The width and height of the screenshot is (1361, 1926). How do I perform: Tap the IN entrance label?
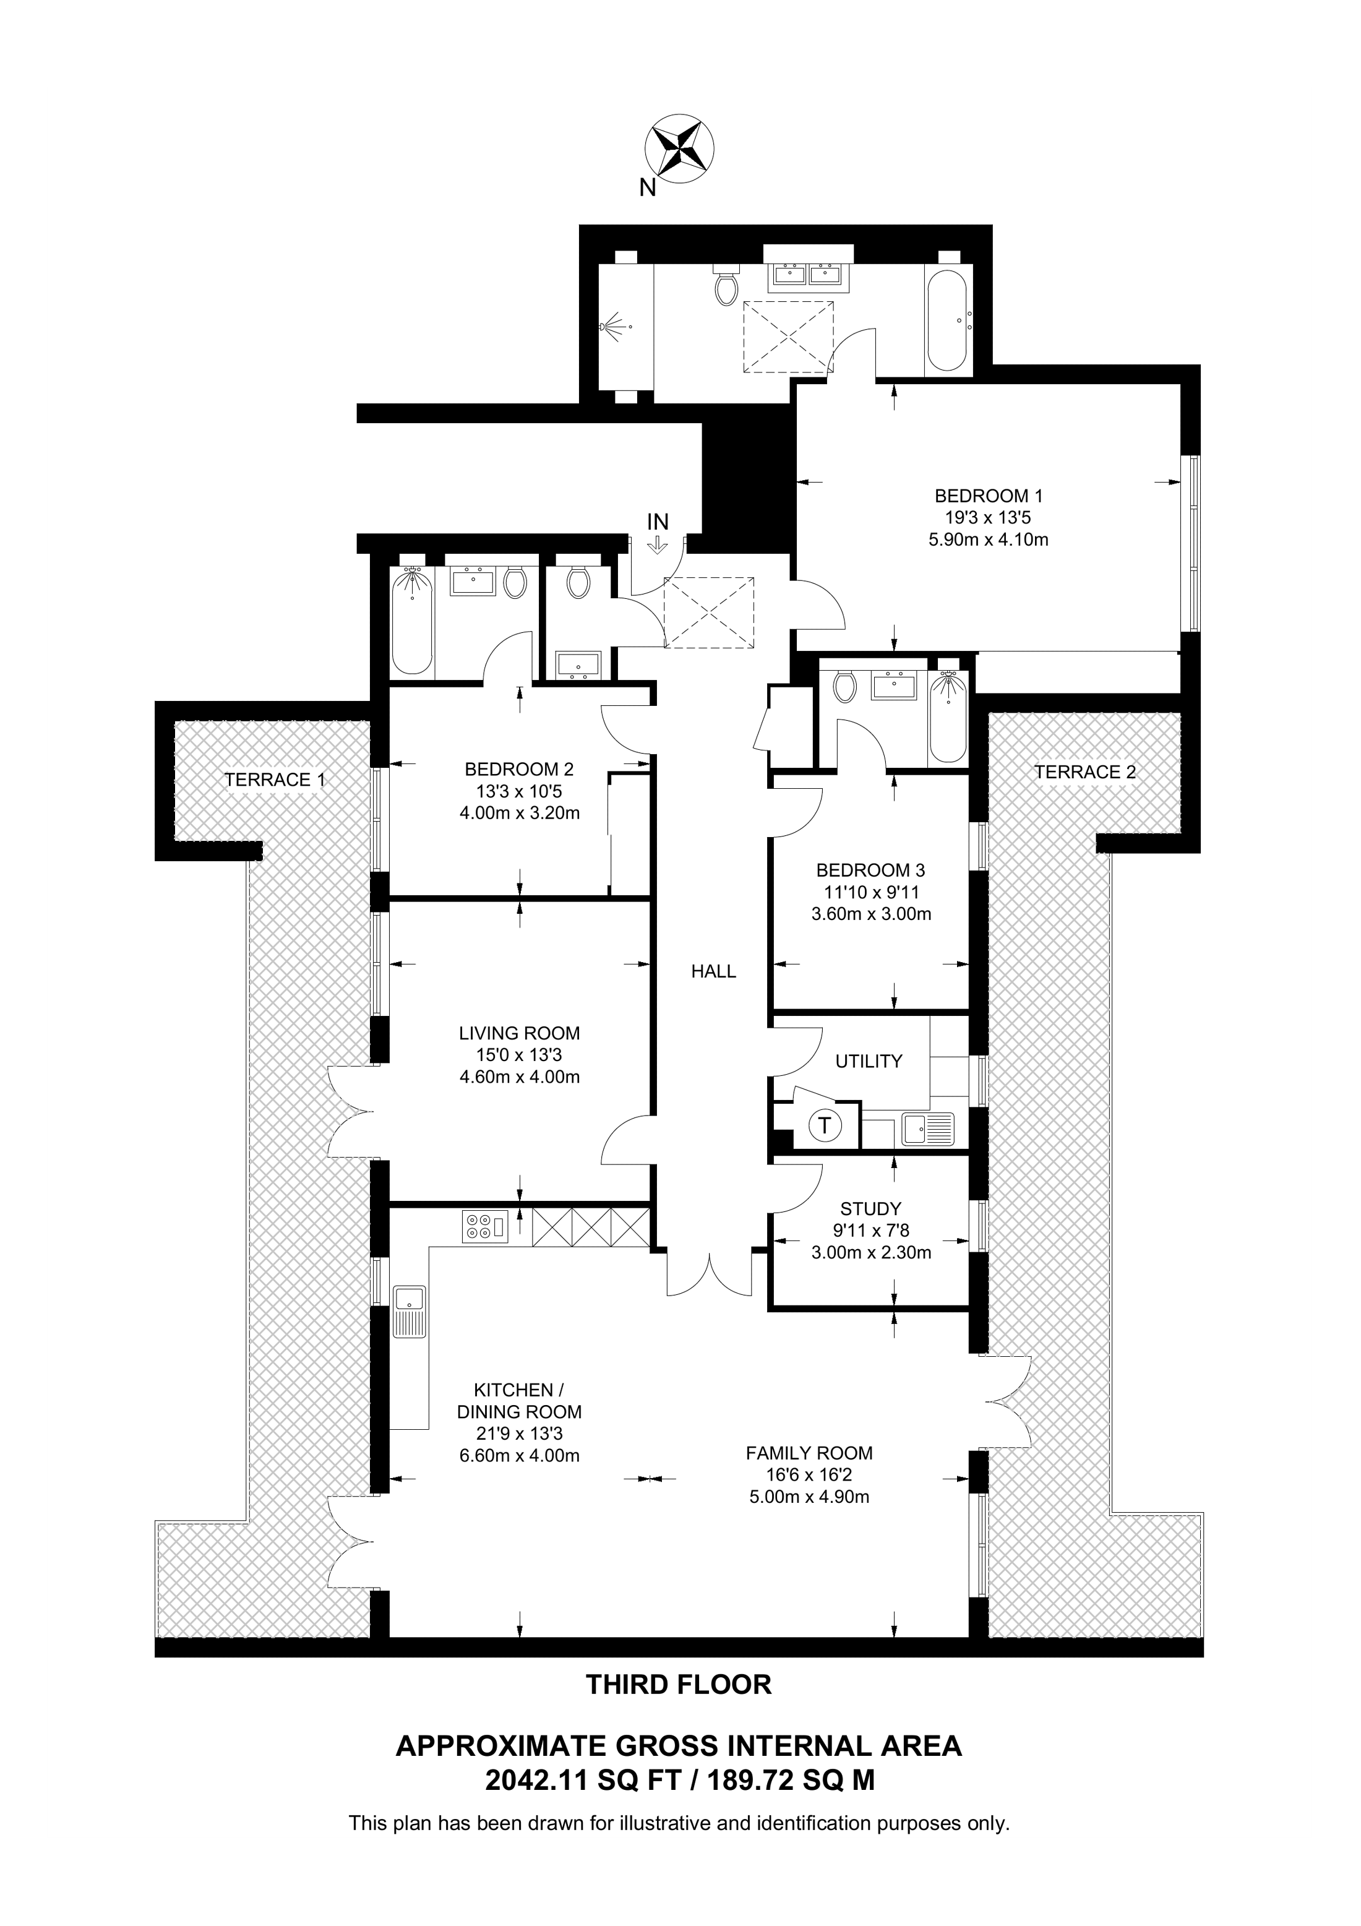(x=658, y=522)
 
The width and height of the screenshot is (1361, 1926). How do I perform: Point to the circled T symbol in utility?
(x=825, y=1125)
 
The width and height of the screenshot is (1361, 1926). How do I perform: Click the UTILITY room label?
(x=869, y=1061)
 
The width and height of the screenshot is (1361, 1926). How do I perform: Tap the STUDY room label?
(x=870, y=1209)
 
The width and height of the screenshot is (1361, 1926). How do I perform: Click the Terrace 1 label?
(x=274, y=780)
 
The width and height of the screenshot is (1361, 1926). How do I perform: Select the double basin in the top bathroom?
(x=807, y=273)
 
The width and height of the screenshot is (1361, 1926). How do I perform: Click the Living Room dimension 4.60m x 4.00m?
(x=519, y=1077)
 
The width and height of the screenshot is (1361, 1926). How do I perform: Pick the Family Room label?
(x=809, y=1453)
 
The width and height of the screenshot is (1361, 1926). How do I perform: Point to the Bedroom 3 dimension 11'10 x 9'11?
(x=870, y=893)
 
